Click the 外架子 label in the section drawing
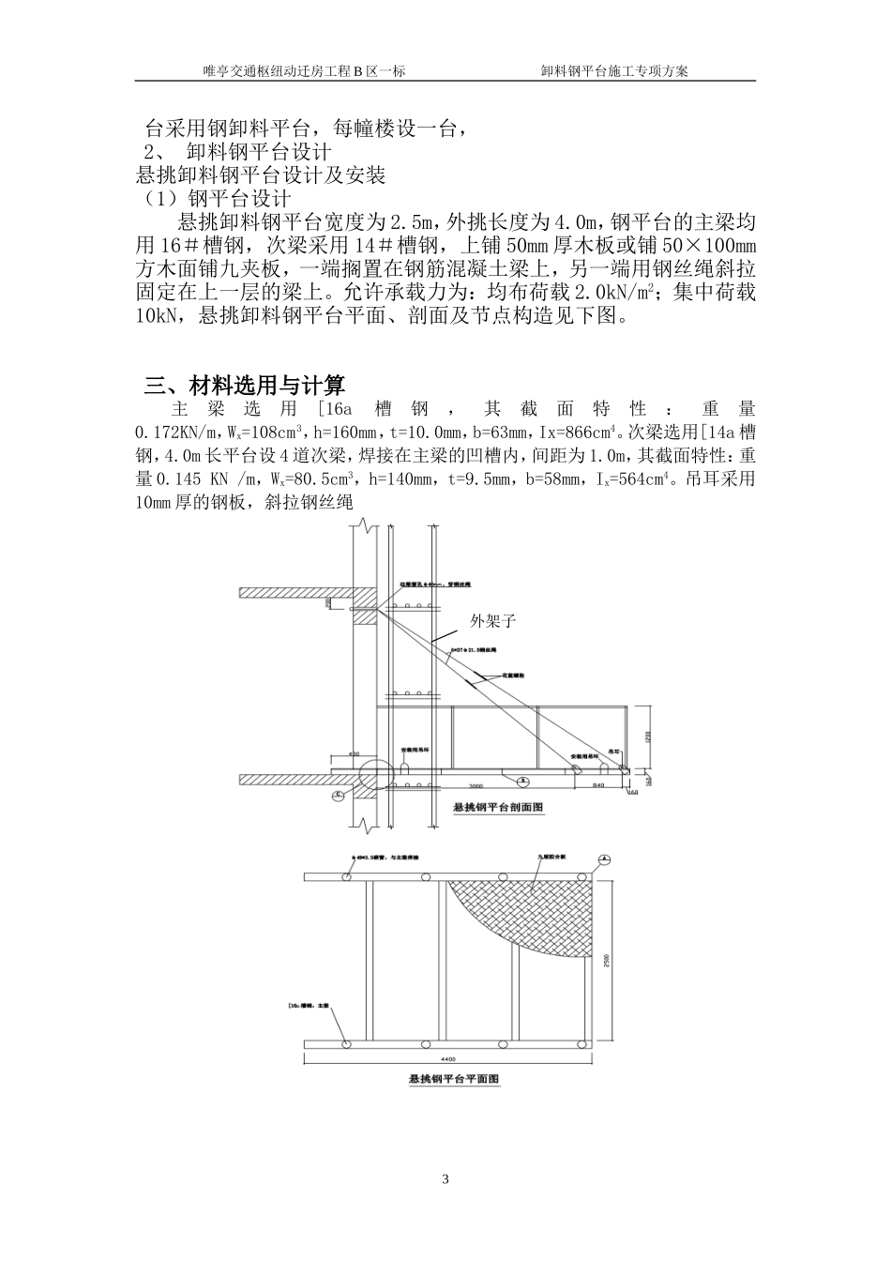[x=494, y=621]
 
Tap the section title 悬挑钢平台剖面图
[x=498, y=807]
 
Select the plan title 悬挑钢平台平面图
[x=455, y=1080]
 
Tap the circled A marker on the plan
[x=605, y=858]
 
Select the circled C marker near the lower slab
[x=338, y=794]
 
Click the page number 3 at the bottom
[x=445, y=1179]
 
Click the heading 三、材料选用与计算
[x=245, y=385]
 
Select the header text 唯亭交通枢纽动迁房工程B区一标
[x=304, y=70]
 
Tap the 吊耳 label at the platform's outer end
[x=613, y=752]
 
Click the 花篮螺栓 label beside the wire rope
[x=516, y=675]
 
